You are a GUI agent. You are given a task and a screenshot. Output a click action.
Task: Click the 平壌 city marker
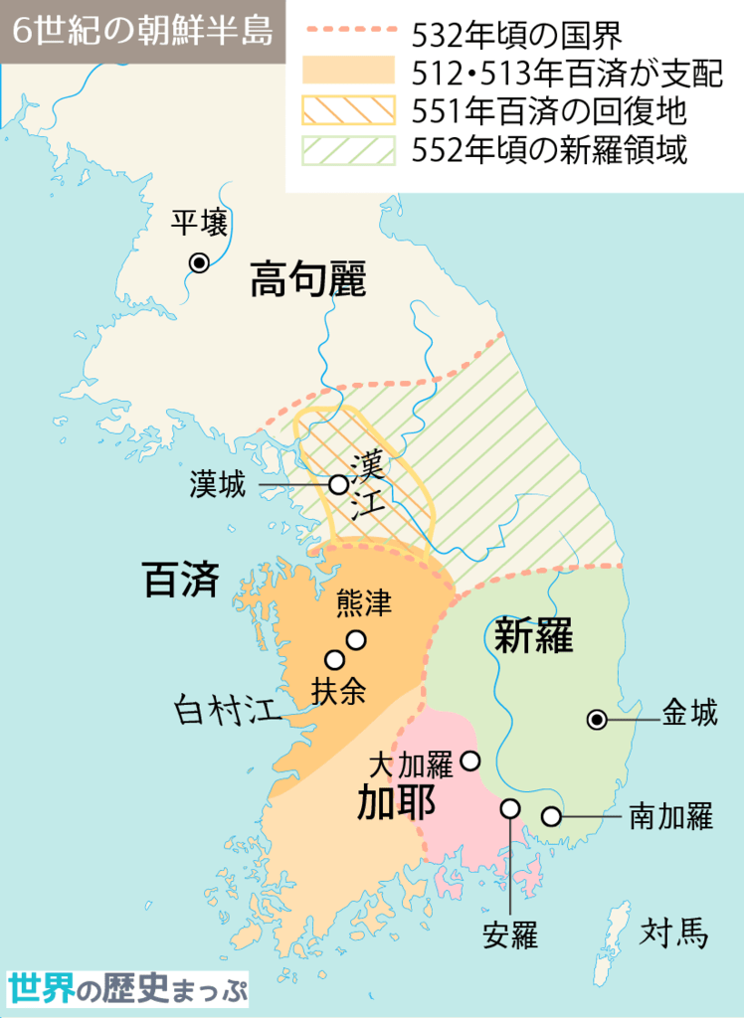(x=199, y=262)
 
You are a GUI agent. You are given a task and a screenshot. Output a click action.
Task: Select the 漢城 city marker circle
(x=338, y=484)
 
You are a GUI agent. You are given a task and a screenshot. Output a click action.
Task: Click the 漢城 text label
(x=217, y=484)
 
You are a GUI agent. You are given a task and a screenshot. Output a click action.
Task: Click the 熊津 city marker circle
(x=355, y=639)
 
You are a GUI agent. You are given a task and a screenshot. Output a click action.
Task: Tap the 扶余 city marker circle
(x=335, y=659)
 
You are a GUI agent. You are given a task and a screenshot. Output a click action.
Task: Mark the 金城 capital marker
(x=596, y=718)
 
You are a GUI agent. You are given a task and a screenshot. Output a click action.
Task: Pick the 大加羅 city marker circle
(x=470, y=761)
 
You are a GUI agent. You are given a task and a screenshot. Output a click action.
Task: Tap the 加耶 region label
(x=396, y=801)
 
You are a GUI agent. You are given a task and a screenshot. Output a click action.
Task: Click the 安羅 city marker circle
(x=510, y=807)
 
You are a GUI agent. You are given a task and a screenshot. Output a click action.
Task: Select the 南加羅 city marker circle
(x=550, y=817)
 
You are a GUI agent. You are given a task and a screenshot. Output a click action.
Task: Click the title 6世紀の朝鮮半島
(x=143, y=31)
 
